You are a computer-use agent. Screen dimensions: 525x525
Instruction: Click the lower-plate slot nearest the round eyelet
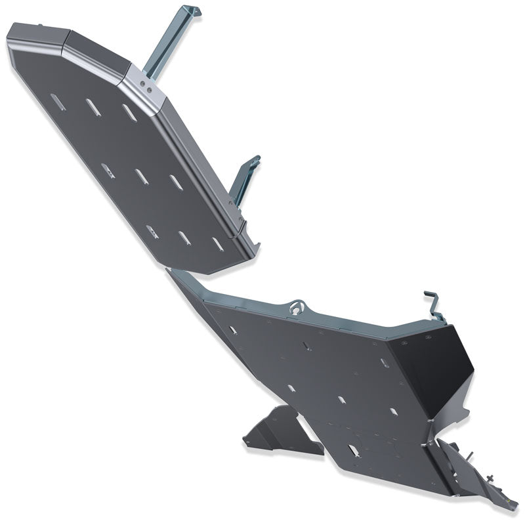tap(307, 345)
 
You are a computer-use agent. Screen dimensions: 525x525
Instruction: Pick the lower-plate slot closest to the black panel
tap(393, 411)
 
